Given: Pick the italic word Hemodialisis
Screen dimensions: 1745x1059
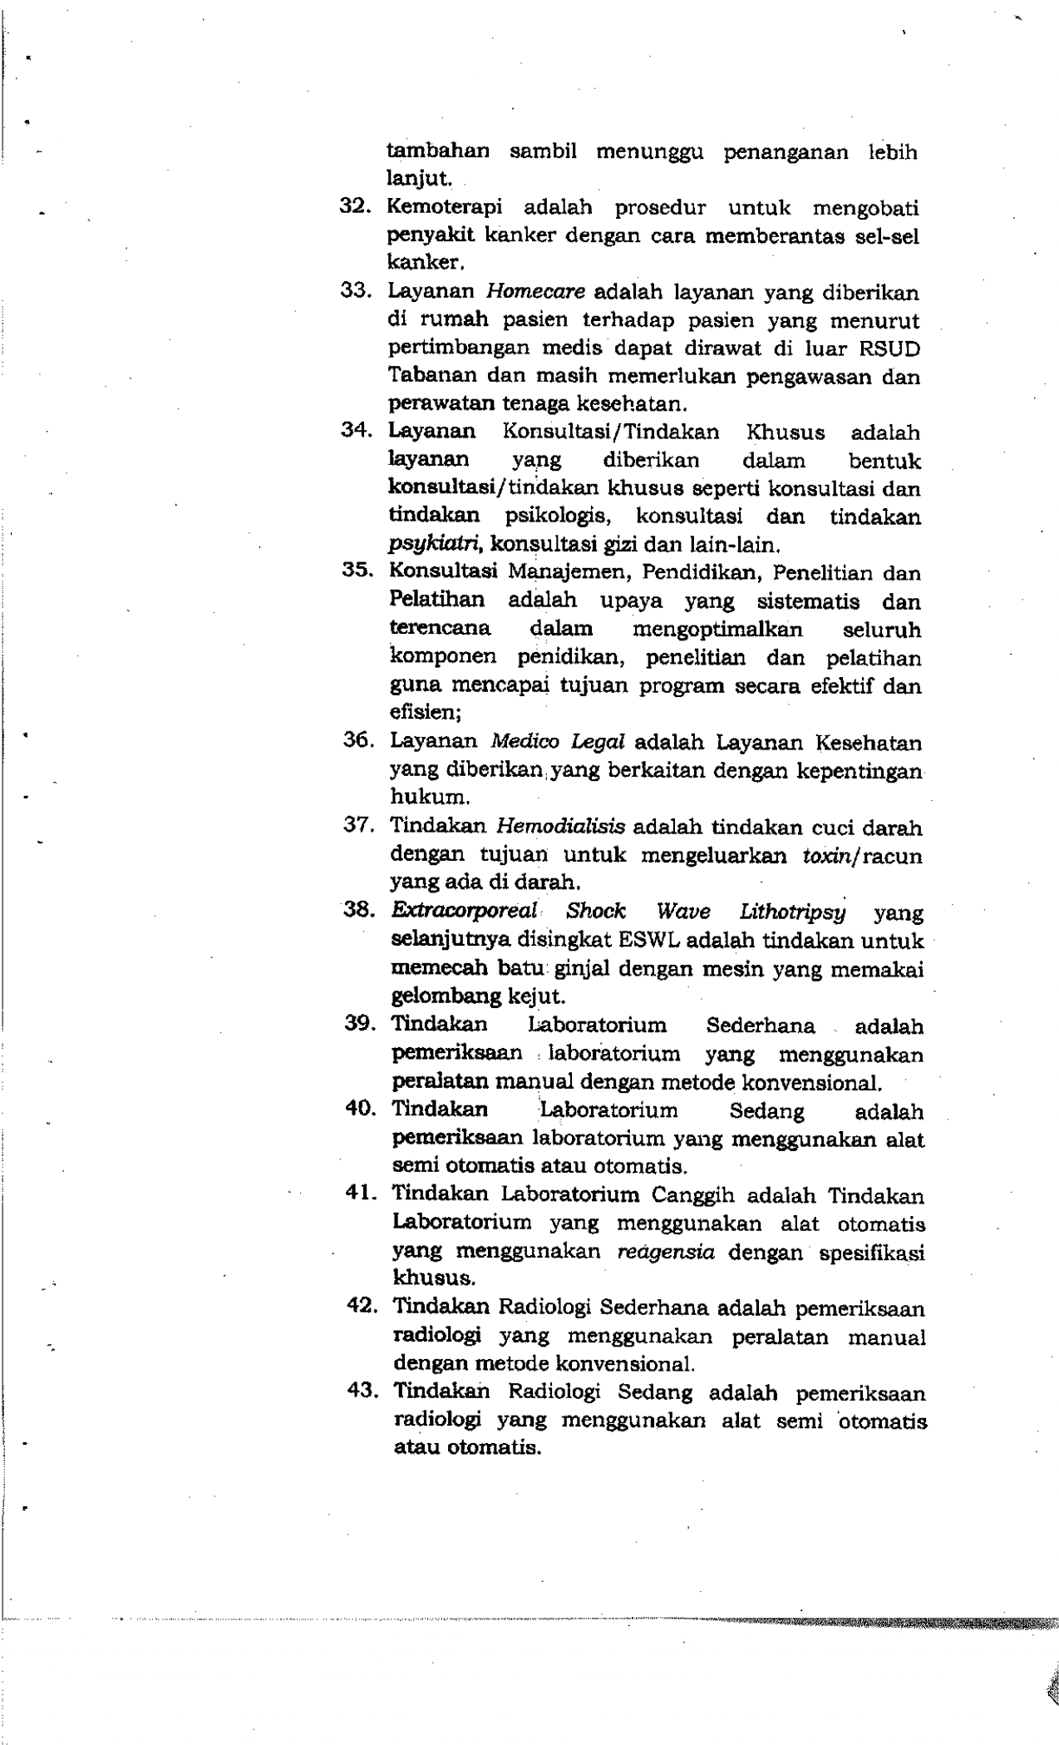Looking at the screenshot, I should click(x=560, y=828).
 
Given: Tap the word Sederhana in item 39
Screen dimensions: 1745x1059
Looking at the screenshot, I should click(x=760, y=1026).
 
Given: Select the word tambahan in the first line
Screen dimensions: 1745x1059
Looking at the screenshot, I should click(x=438, y=152).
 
